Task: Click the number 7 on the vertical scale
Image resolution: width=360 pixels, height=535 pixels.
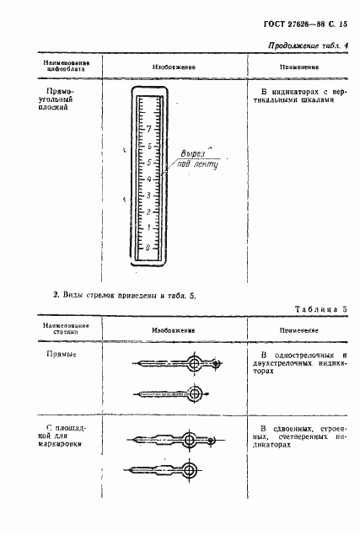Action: pos(148,130)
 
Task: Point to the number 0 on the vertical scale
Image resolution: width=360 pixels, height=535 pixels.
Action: pos(148,247)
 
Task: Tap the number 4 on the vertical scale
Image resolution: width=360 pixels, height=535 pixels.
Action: pos(148,179)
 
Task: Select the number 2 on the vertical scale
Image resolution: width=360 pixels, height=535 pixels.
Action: pos(148,211)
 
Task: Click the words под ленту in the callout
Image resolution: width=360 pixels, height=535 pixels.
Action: pos(199,166)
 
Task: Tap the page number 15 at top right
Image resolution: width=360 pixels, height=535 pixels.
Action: pos(344,26)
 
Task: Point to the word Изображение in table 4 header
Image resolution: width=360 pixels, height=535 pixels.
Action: pos(175,64)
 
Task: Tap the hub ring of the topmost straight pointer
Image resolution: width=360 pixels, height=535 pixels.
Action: pos(196,363)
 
